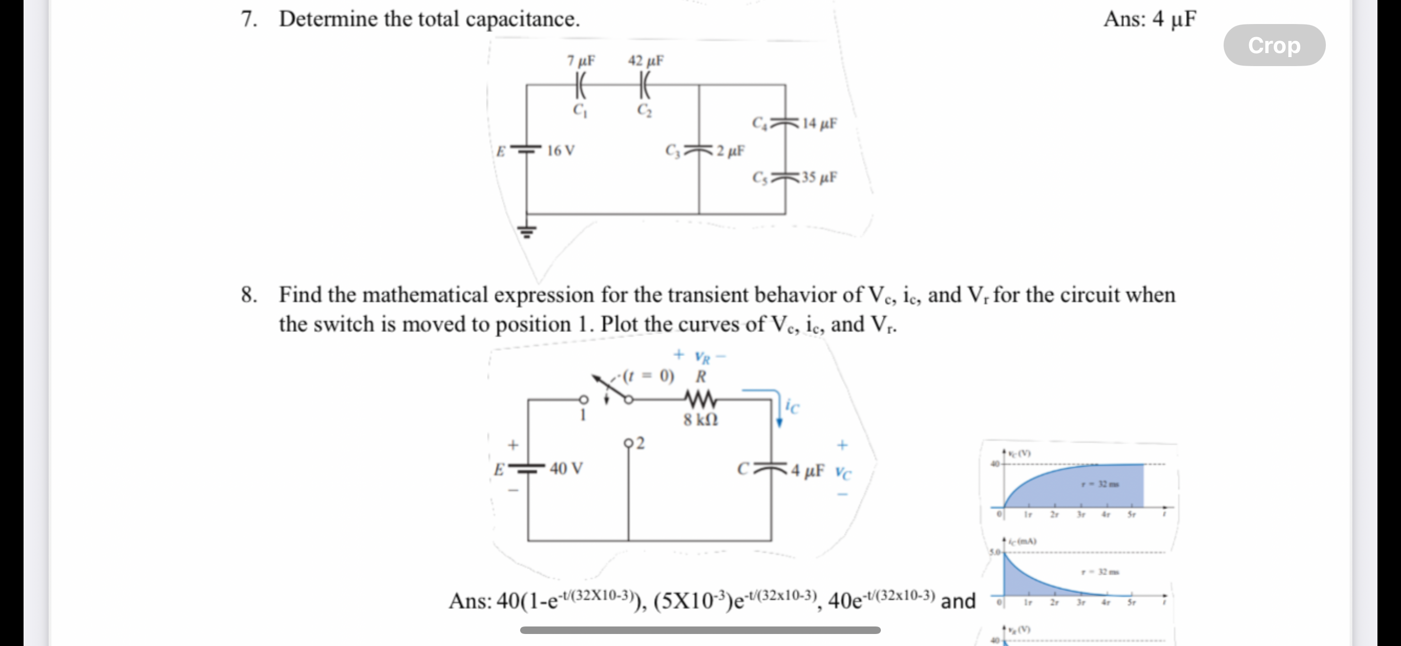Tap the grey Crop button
click(1274, 45)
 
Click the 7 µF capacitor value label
click(581, 61)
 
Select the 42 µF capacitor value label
click(645, 61)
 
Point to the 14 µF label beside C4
click(819, 123)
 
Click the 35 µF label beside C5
click(819, 177)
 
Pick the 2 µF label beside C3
click(731, 151)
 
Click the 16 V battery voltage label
click(560, 151)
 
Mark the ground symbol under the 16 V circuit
click(527, 231)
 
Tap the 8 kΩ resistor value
click(700, 420)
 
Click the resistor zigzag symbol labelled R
click(700, 400)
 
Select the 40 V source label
click(566, 468)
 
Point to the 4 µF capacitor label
click(808, 470)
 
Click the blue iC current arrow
click(778, 408)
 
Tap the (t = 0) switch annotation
click(648, 376)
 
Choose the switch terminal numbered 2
click(629, 443)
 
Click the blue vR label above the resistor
click(702, 357)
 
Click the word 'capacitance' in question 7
click(522, 19)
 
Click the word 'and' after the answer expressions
click(958, 601)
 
